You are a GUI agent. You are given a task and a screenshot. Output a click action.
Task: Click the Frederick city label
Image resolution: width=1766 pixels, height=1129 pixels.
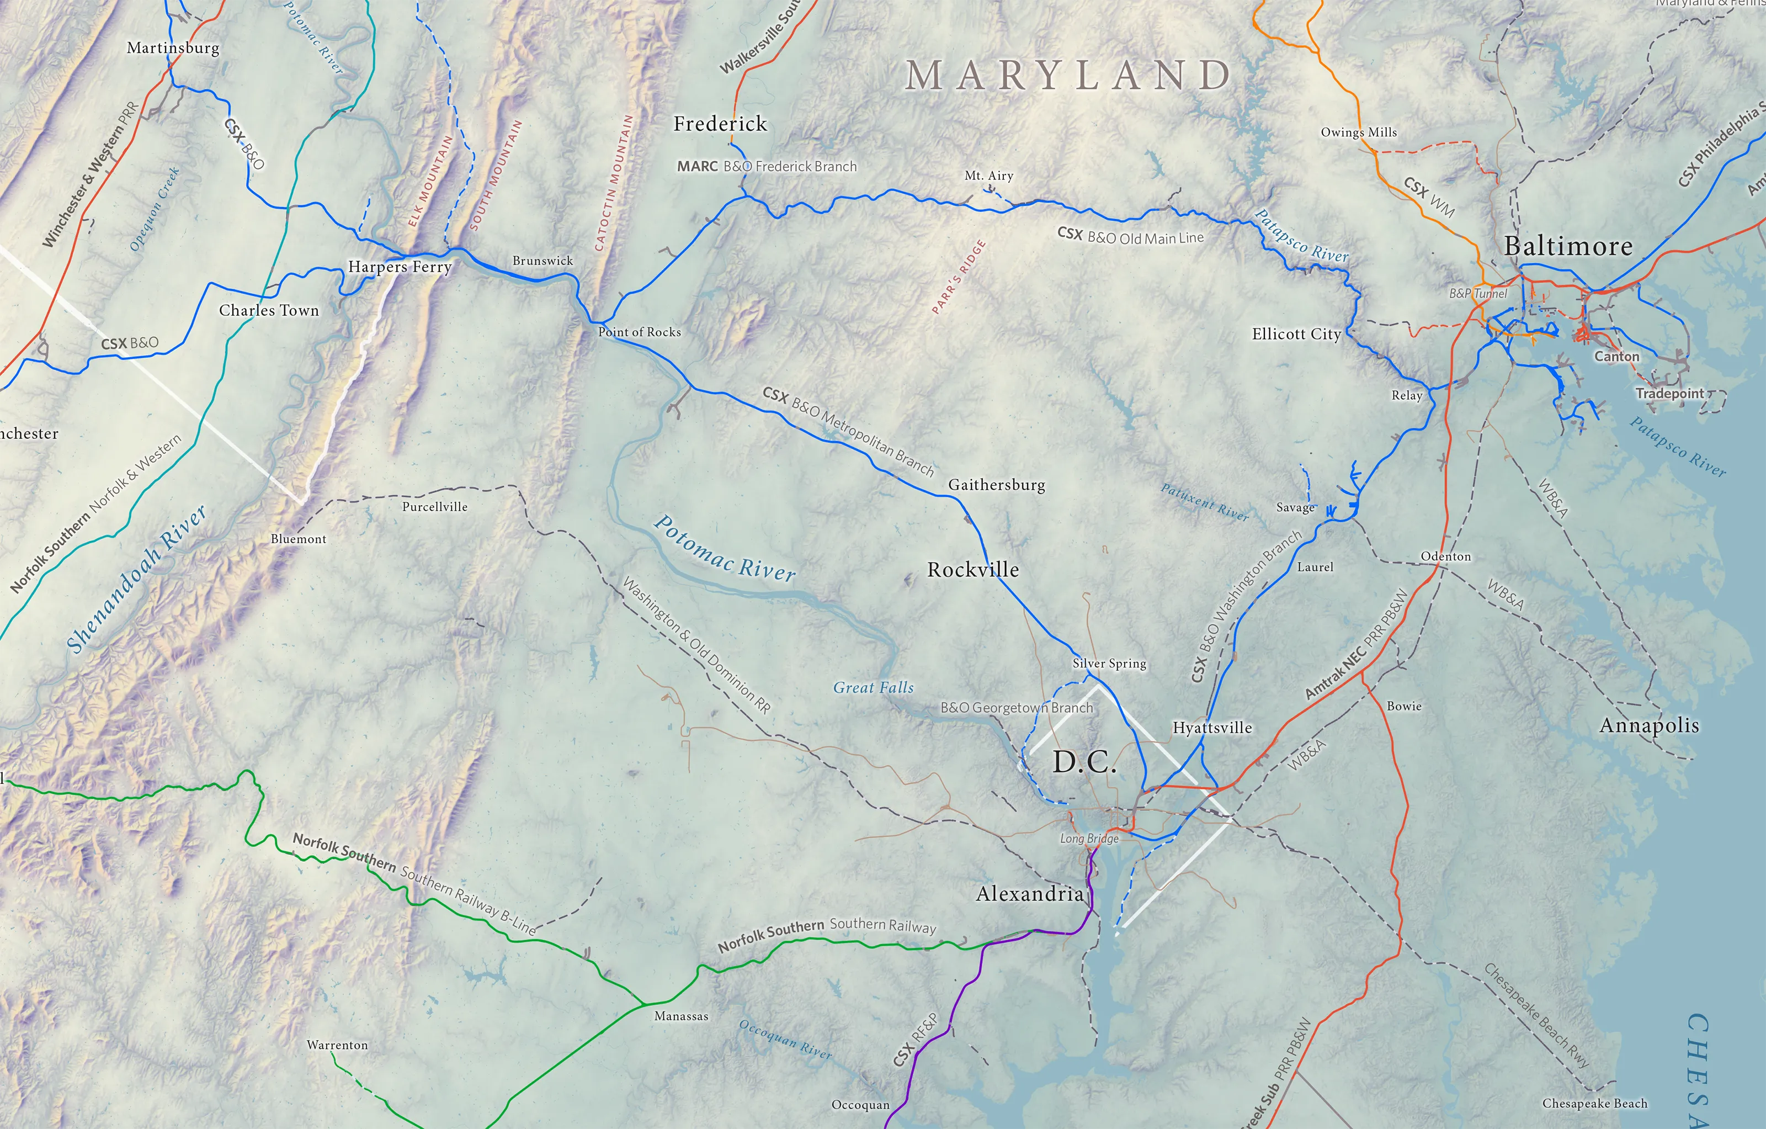click(x=720, y=124)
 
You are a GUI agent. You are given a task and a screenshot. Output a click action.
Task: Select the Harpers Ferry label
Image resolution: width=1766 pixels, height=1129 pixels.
click(x=400, y=267)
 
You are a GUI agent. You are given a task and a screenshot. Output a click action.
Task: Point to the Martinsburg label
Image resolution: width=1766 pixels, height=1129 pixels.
click(x=173, y=49)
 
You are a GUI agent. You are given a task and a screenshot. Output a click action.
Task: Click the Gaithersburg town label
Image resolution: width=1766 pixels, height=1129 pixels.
click(x=996, y=485)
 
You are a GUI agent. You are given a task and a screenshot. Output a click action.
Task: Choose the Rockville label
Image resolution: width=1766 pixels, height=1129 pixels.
click(x=972, y=570)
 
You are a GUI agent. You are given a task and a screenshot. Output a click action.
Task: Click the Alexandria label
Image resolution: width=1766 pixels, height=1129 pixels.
click(x=1030, y=893)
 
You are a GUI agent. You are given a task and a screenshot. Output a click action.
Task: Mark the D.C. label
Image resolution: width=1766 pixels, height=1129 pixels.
click(x=1084, y=763)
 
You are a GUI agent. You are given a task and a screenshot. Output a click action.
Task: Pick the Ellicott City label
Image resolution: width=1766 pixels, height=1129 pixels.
click(x=1296, y=335)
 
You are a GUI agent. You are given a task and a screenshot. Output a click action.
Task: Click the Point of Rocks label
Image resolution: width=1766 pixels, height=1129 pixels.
click(x=640, y=332)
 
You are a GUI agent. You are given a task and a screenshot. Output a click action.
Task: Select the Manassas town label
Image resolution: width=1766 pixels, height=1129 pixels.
click(x=682, y=1016)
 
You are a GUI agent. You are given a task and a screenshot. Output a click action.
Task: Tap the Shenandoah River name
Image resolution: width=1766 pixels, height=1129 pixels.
click(x=136, y=580)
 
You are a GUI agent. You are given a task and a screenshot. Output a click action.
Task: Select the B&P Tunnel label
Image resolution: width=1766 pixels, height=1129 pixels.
click(x=1478, y=294)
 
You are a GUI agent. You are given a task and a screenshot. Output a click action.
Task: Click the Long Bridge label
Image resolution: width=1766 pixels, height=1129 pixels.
click(x=1089, y=839)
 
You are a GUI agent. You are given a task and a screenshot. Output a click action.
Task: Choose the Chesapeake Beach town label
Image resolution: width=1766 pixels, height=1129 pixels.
click(x=1594, y=1103)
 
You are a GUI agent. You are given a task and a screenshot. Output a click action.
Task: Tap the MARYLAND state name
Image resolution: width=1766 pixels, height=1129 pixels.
click(x=1068, y=76)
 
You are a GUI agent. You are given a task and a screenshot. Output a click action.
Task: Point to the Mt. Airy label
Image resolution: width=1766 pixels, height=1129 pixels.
click(x=988, y=176)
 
